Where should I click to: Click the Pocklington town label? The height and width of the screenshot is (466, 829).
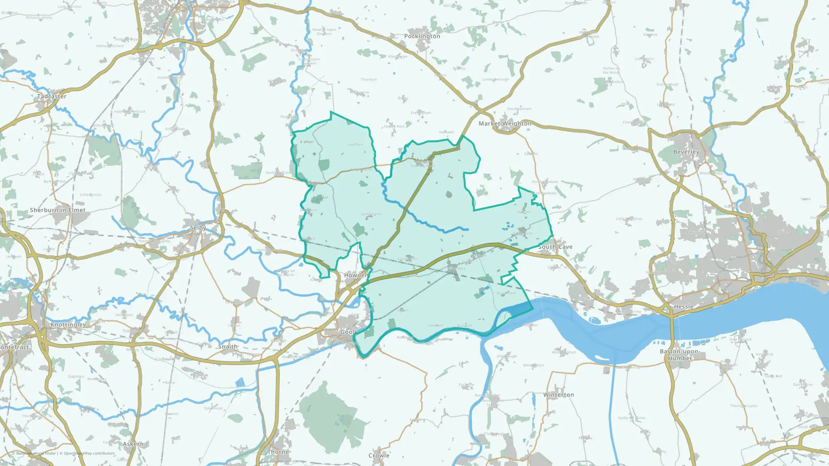point(422,36)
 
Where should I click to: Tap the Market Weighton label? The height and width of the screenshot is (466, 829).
point(505,123)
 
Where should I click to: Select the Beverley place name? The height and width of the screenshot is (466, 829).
point(686,152)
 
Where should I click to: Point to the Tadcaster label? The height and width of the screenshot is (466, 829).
point(52,97)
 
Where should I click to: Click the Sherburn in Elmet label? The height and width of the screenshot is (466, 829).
point(58,210)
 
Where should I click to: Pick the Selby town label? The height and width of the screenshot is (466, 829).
point(198,228)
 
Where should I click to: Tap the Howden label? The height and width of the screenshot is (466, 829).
point(356,275)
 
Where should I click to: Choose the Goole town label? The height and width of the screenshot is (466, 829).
point(349,332)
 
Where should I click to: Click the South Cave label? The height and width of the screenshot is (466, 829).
point(555,247)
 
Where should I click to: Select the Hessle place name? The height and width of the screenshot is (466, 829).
point(684,307)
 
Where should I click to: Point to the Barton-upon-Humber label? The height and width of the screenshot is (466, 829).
point(680,355)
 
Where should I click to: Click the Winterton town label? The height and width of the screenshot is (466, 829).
point(559,395)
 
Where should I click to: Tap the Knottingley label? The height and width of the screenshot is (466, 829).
point(68,325)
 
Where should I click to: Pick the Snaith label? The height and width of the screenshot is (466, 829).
point(228,347)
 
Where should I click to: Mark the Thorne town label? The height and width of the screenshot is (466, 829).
point(278,452)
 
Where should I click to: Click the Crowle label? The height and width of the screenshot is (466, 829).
point(379,456)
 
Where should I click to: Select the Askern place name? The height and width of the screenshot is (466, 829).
point(133,444)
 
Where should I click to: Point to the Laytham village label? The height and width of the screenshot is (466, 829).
point(356,145)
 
